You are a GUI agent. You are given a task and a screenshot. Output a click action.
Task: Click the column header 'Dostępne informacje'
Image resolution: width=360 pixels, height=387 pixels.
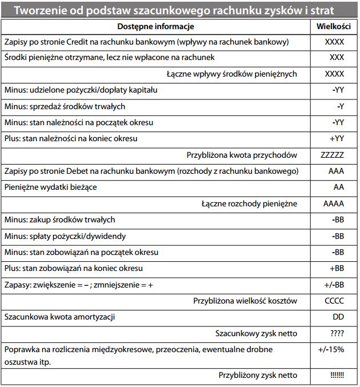pos(155,26)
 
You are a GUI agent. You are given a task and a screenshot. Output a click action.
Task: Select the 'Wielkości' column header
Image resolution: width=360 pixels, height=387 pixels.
pos(334,26)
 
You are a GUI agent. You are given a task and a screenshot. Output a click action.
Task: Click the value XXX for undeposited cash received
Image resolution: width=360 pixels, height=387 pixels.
pos(337,58)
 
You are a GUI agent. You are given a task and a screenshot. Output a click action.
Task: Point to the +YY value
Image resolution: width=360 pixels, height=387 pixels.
pos(337,138)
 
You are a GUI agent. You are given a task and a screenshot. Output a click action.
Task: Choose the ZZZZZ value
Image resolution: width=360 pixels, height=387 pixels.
pos(333,155)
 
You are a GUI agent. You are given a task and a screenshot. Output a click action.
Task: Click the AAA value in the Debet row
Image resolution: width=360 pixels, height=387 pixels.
pos(336,171)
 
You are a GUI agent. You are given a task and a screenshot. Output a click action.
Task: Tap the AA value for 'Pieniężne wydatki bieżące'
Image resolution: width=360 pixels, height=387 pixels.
pos(338,187)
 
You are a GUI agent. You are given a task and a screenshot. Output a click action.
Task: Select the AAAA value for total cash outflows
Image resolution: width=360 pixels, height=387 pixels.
pos(334,204)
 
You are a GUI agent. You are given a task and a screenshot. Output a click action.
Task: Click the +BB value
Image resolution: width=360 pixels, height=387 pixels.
pos(337,268)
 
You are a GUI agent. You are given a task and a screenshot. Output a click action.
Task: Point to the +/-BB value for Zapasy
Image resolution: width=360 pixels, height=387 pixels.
pos(334,284)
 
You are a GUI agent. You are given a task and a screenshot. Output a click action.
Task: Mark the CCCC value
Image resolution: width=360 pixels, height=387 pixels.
pos(334,300)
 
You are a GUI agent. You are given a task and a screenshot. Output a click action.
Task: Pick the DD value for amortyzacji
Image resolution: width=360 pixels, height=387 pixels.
pos(338,316)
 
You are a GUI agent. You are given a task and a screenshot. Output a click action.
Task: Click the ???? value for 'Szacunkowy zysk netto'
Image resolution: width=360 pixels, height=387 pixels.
pos(337,333)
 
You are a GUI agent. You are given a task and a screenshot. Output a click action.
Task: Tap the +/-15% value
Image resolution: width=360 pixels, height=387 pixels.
pos(331,349)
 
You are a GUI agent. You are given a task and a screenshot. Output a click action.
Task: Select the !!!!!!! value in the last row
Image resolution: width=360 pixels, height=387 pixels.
pos(337,376)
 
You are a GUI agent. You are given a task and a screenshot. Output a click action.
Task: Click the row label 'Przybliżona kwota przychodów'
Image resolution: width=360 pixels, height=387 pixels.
pos(242,155)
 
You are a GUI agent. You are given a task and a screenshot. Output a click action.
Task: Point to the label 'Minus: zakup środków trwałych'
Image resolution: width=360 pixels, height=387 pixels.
pos(59,220)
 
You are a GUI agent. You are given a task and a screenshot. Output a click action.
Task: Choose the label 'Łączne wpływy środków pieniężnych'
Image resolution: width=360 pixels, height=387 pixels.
pos(231,74)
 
